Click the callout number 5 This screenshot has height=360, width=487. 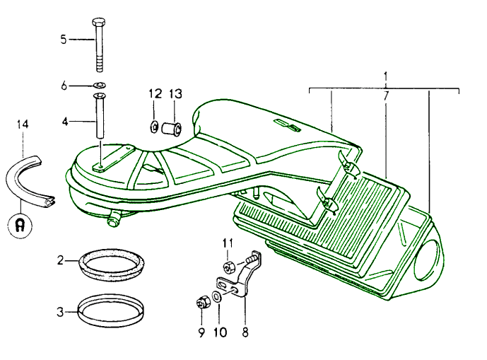pos(64,40)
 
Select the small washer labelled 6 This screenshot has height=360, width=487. pos(100,86)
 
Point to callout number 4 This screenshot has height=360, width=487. pos(65,122)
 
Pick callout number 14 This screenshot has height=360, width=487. pos(23,125)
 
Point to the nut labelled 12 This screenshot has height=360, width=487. pos(153,127)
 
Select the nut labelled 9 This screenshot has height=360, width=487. pos(201,304)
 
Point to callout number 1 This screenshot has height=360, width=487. pos(385,75)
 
